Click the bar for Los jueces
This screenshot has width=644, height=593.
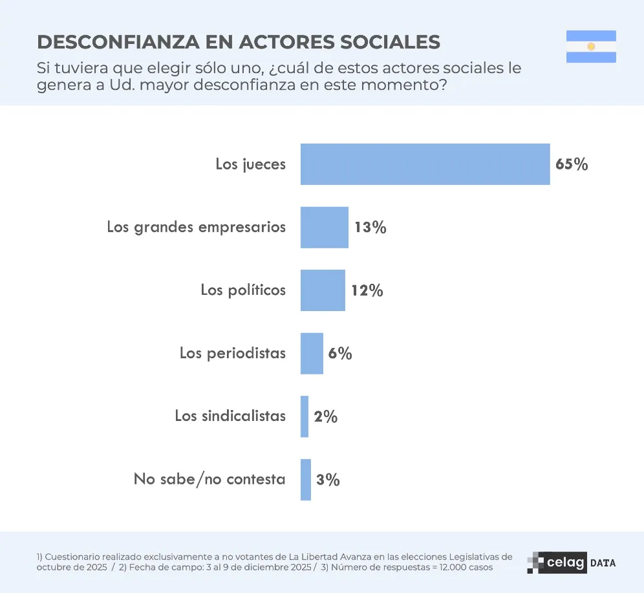click(x=425, y=164)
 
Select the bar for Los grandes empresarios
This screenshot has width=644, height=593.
click(x=324, y=228)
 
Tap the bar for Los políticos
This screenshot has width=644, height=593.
click(x=323, y=290)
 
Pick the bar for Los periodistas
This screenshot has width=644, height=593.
click(x=312, y=354)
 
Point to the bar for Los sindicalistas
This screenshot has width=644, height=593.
click(x=305, y=416)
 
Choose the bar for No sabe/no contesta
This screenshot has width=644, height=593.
click(x=306, y=480)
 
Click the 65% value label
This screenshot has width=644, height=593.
click(x=572, y=164)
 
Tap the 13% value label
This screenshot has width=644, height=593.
click(x=370, y=228)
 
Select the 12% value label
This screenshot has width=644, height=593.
click(x=367, y=291)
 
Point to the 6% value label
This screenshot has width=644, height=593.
click(x=340, y=354)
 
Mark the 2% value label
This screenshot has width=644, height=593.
click(x=326, y=417)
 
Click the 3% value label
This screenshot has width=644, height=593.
click(x=328, y=480)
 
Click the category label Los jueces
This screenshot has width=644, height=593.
click(x=250, y=164)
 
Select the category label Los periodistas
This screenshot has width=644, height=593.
click(x=233, y=354)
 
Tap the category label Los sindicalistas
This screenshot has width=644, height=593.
click(x=230, y=416)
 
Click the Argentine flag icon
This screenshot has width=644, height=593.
click(x=591, y=47)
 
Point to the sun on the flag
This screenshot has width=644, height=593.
click(x=591, y=47)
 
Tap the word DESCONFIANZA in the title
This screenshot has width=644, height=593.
click(x=118, y=42)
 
